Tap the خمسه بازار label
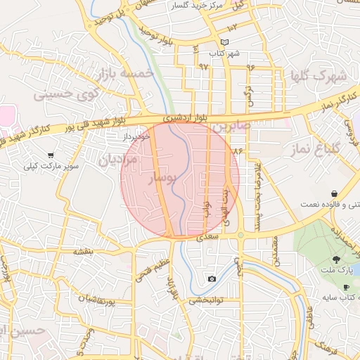[127, 72]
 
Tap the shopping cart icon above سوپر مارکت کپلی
[51, 155]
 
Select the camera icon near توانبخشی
[212, 279]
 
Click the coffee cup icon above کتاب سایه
[346, 288]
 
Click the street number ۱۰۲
[233, 25]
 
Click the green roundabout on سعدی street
[240, 235]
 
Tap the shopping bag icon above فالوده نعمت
[333, 193]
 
